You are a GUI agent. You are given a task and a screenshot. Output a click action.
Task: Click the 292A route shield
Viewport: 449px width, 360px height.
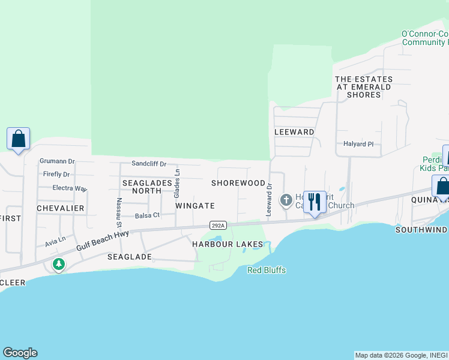tap(218, 226)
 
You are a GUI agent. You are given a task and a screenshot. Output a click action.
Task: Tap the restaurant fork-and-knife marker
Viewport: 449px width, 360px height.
tap(315, 202)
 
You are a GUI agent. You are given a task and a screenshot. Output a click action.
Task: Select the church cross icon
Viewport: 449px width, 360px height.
tap(286, 199)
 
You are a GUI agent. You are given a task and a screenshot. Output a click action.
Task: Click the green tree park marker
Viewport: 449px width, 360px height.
tap(58, 263)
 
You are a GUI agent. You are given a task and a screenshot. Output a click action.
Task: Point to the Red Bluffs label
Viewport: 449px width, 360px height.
tap(267, 271)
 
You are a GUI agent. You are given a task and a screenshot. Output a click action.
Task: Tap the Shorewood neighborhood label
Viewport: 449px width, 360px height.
tap(238, 183)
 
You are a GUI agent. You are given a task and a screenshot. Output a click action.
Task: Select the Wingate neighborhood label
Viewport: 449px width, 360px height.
tap(195, 206)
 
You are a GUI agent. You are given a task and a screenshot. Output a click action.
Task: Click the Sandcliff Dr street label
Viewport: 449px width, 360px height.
tap(149, 164)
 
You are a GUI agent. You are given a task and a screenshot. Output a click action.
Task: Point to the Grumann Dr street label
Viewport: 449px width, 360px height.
tap(57, 161)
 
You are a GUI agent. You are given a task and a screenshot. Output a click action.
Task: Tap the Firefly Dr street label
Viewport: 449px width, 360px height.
tap(56, 175)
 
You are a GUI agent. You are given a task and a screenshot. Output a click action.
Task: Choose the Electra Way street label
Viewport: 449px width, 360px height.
tap(70, 188)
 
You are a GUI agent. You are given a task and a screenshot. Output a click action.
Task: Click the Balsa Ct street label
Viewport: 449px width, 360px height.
tap(147, 215)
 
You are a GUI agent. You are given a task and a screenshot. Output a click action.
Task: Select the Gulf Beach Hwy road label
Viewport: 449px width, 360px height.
tap(103, 240)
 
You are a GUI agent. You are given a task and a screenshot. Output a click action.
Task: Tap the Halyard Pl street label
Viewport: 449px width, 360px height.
tap(358, 144)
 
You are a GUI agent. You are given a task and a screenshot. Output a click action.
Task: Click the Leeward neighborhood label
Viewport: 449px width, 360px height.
tap(294, 132)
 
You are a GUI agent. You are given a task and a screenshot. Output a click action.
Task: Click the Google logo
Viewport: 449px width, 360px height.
tap(20, 353)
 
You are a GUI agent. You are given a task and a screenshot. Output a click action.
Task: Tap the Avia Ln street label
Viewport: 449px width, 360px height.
tap(55, 244)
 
